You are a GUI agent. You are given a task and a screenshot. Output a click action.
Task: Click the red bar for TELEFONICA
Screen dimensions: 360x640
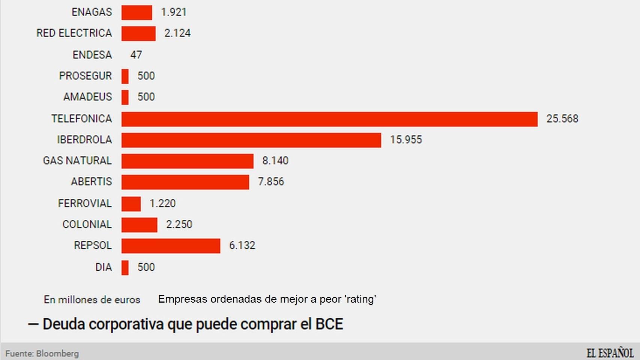(329, 119)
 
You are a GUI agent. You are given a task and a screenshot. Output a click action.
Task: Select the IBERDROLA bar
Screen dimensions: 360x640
(251, 140)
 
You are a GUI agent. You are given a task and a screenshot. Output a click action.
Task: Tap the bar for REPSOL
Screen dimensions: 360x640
(171, 246)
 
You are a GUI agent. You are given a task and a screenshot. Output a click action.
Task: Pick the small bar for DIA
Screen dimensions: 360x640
(125, 268)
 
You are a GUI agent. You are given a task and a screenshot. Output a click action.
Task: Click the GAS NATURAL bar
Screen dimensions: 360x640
(187, 161)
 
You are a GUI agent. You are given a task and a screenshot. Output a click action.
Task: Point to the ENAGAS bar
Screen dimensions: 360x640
(137, 12)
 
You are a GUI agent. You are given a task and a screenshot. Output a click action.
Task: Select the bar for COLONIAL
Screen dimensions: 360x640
(139, 225)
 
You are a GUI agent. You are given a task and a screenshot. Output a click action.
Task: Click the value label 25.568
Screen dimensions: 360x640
(562, 119)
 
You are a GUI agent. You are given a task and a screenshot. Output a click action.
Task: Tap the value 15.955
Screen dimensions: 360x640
(406, 140)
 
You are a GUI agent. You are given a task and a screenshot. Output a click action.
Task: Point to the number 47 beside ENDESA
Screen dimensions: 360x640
(136, 55)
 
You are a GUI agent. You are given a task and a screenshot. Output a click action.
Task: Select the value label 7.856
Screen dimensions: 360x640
(271, 182)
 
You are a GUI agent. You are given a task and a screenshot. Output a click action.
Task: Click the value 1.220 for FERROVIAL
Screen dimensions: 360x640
(162, 204)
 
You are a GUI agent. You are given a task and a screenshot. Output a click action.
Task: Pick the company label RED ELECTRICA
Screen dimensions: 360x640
(74, 33)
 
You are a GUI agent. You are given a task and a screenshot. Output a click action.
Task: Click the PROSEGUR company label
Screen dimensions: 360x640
(85, 76)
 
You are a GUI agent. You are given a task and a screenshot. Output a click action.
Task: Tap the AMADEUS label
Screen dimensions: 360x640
(87, 97)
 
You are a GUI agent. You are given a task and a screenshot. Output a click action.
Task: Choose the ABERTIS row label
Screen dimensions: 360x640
(91, 182)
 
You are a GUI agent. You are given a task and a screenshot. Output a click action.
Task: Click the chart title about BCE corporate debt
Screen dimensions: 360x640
(193, 324)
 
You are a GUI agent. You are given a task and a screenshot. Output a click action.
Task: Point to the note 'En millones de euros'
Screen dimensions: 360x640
(92, 300)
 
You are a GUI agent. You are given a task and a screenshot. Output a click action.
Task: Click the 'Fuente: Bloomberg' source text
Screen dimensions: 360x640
(42, 354)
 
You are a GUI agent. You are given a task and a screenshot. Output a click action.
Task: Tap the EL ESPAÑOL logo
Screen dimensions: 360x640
(610, 353)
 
